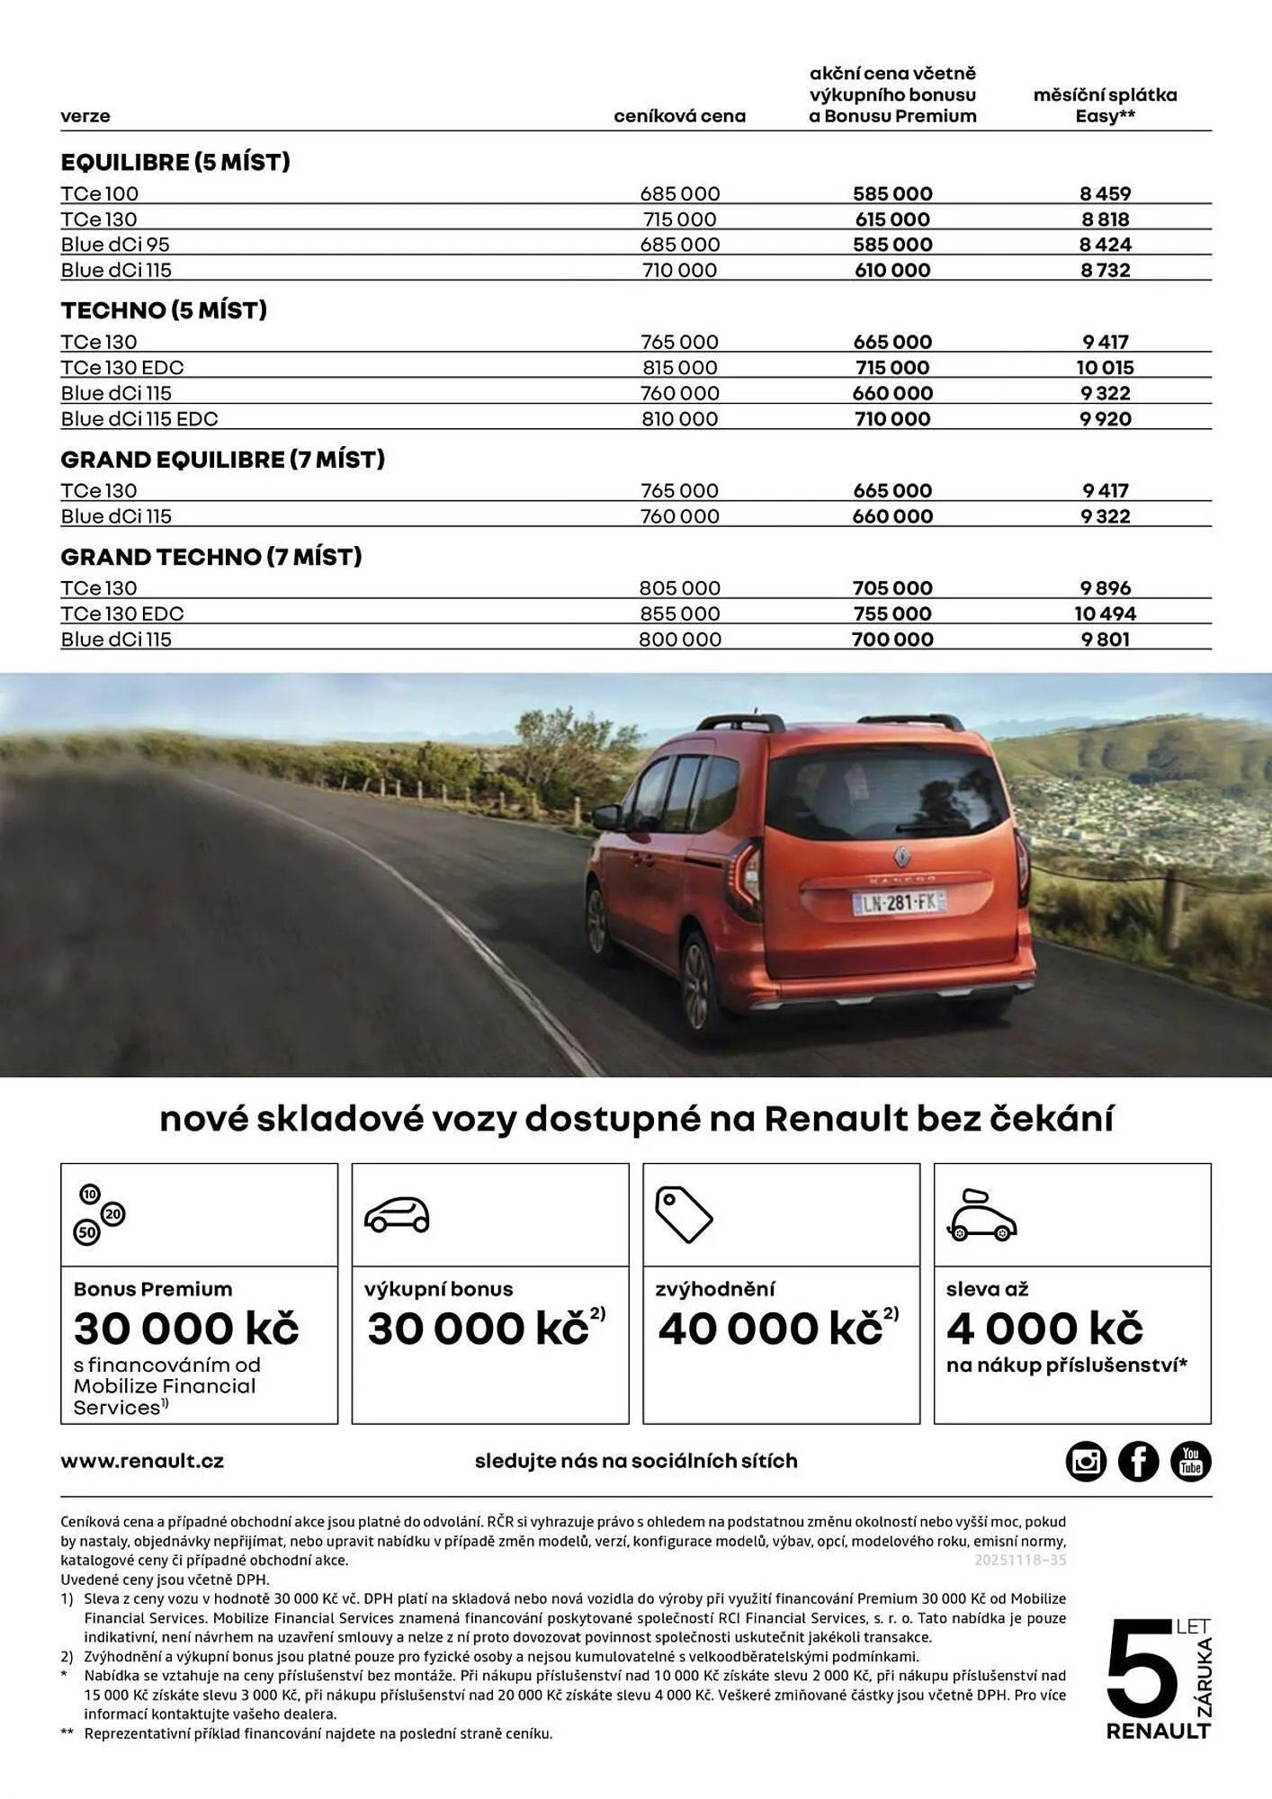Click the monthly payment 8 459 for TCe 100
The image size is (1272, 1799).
(1105, 193)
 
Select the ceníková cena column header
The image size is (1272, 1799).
(679, 116)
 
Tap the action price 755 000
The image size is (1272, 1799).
(891, 613)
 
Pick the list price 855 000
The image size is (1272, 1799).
(679, 613)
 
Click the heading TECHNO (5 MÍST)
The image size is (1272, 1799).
(164, 310)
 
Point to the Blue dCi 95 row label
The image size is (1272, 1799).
(115, 245)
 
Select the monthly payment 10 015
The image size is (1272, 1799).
(1105, 367)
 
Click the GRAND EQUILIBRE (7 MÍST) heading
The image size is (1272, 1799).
(222, 460)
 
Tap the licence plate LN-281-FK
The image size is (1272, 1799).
(899, 902)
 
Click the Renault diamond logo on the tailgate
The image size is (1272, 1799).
(901, 855)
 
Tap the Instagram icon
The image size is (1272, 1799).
(1086, 1461)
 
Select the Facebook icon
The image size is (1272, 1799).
(1138, 1461)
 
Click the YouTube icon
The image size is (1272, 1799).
(1190, 1461)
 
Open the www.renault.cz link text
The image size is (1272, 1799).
(142, 1461)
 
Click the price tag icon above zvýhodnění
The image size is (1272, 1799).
(683, 1214)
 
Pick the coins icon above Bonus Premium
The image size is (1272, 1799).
(100, 1214)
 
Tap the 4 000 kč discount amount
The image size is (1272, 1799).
(1044, 1329)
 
